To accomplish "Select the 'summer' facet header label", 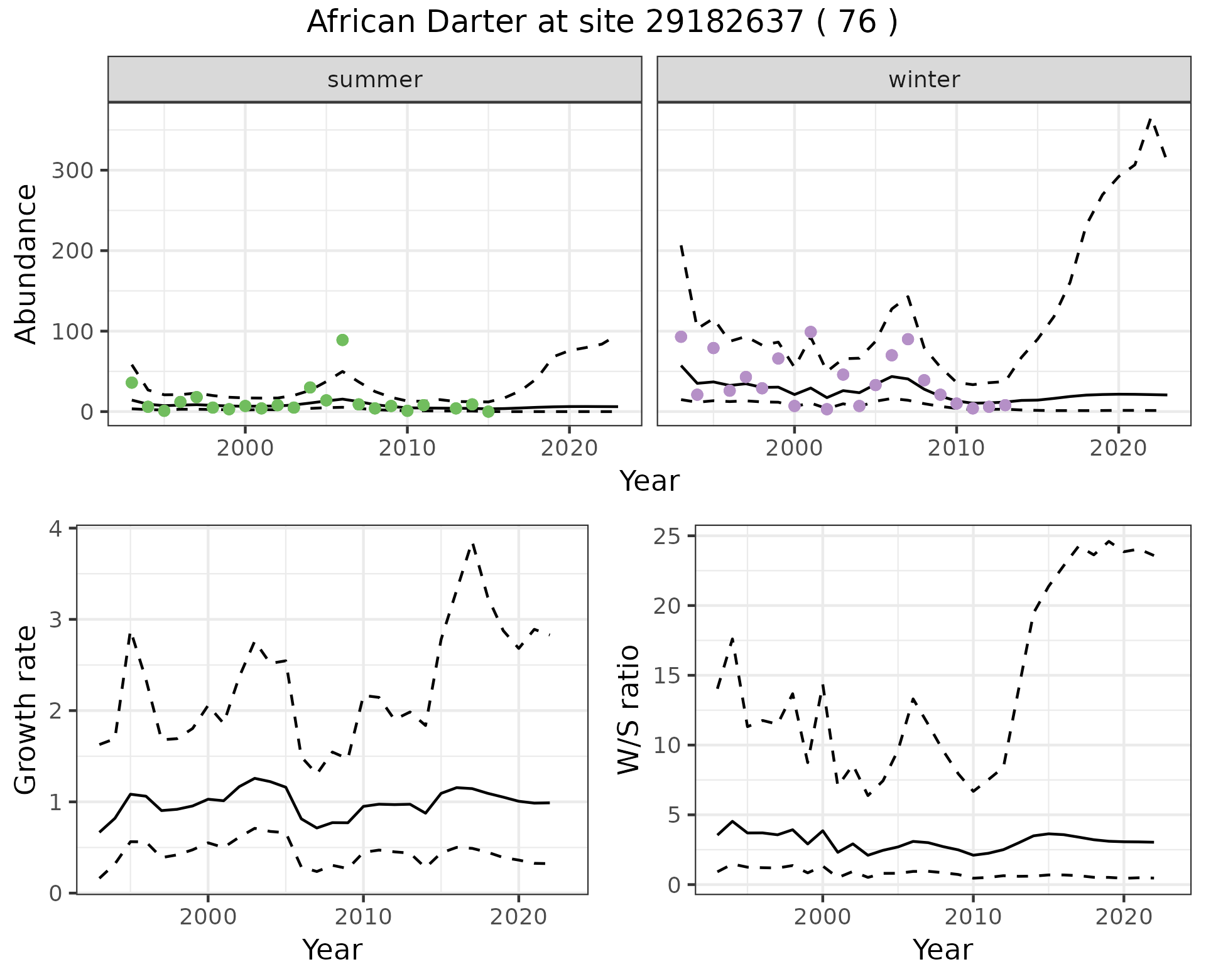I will pos(375,80).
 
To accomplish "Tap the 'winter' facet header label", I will pos(924,80).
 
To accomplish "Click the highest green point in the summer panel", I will pos(342,340).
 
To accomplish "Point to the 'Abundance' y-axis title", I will pos(26,264).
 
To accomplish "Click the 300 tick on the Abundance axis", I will pos(72,171).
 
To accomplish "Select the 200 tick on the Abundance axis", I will pos(72,251).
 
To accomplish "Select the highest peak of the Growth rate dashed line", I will pos(473,544).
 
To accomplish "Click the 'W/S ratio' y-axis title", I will pos(628,710).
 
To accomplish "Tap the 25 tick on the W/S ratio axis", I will pos(673,536).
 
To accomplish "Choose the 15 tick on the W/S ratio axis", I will pos(673,676).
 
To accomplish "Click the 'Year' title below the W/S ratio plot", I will pos(942,950).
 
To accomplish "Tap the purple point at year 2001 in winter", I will pos(810,332).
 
